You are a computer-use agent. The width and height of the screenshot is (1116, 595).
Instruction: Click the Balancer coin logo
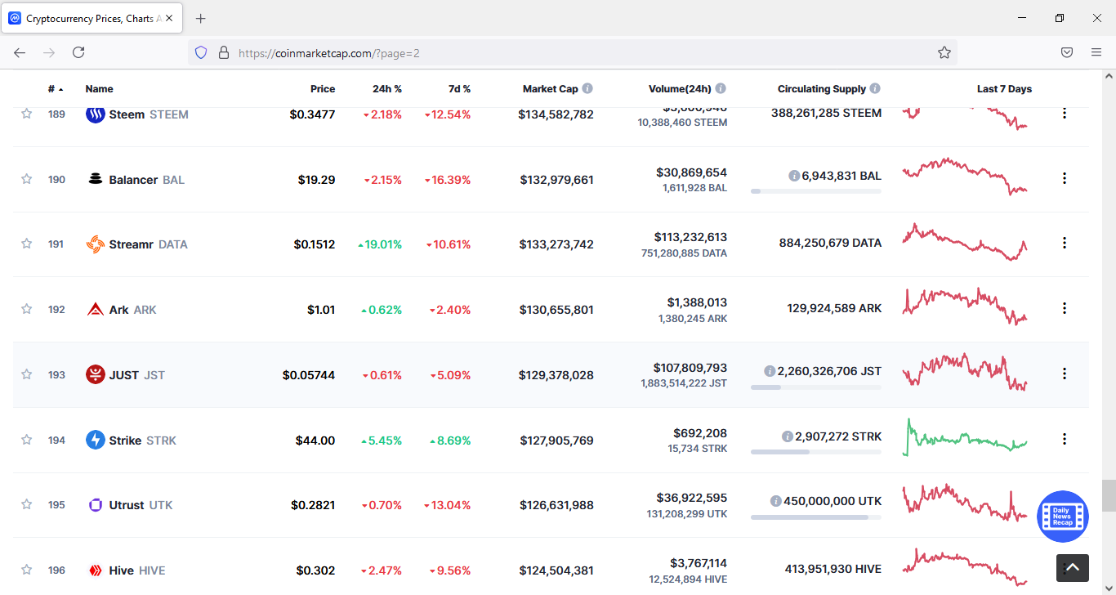(x=96, y=179)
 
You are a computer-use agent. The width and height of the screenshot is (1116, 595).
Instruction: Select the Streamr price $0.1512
(x=315, y=244)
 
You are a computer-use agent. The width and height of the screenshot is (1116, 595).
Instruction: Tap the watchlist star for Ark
(x=27, y=309)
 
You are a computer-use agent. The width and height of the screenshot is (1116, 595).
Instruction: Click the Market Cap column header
(x=550, y=89)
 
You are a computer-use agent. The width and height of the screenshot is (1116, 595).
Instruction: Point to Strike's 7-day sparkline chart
(x=965, y=438)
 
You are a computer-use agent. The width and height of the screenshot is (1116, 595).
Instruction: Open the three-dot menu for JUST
(x=1064, y=374)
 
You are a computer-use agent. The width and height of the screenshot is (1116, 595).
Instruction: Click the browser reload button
(x=78, y=52)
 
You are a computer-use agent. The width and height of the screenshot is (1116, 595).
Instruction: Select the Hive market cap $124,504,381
(x=556, y=570)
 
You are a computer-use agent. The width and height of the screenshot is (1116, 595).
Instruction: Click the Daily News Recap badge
(x=1062, y=517)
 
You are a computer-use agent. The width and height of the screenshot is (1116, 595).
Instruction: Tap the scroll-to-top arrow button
(x=1073, y=567)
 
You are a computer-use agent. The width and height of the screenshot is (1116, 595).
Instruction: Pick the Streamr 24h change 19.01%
(x=380, y=244)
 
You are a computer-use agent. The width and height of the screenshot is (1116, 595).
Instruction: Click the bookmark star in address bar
(x=944, y=52)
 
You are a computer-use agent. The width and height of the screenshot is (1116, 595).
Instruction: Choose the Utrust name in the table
(x=127, y=505)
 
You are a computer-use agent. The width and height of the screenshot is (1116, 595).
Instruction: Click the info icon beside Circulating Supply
(x=875, y=88)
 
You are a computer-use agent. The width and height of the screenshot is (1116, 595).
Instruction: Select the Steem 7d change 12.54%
(x=448, y=114)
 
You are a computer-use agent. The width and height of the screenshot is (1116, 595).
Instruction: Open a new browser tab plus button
(x=201, y=18)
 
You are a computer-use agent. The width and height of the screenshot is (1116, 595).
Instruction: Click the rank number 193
(x=56, y=375)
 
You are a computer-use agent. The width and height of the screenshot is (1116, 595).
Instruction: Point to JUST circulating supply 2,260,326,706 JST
(x=828, y=371)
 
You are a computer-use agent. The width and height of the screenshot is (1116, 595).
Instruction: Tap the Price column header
(x=323, y=89)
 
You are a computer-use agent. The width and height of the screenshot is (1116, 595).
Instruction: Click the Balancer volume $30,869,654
(x=691, y=172)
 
